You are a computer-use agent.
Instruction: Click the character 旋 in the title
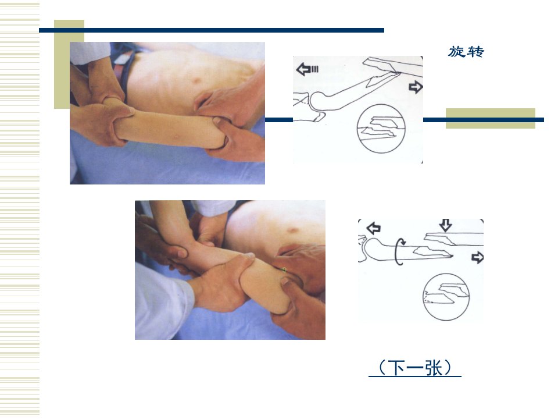point(456,52)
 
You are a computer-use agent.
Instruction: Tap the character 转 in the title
point(476,52)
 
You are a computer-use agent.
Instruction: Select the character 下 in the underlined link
point(396,368)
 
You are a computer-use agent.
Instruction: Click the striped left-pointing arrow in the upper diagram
point(307,69)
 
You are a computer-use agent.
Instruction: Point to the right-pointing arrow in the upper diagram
point(416,87)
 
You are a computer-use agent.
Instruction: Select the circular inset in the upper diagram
point(381,128)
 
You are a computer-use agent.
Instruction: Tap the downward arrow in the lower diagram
point(446,225)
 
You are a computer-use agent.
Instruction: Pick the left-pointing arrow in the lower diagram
point(374,228)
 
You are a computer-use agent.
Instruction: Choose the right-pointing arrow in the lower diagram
point(477,257)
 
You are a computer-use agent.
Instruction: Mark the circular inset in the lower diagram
point(446,297)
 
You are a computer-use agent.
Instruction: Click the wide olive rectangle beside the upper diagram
point(491,118)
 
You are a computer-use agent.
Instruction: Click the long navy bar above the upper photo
point(212,30)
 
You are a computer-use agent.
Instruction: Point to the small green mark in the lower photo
point(284,269)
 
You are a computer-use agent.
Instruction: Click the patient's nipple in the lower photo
point(293,230)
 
